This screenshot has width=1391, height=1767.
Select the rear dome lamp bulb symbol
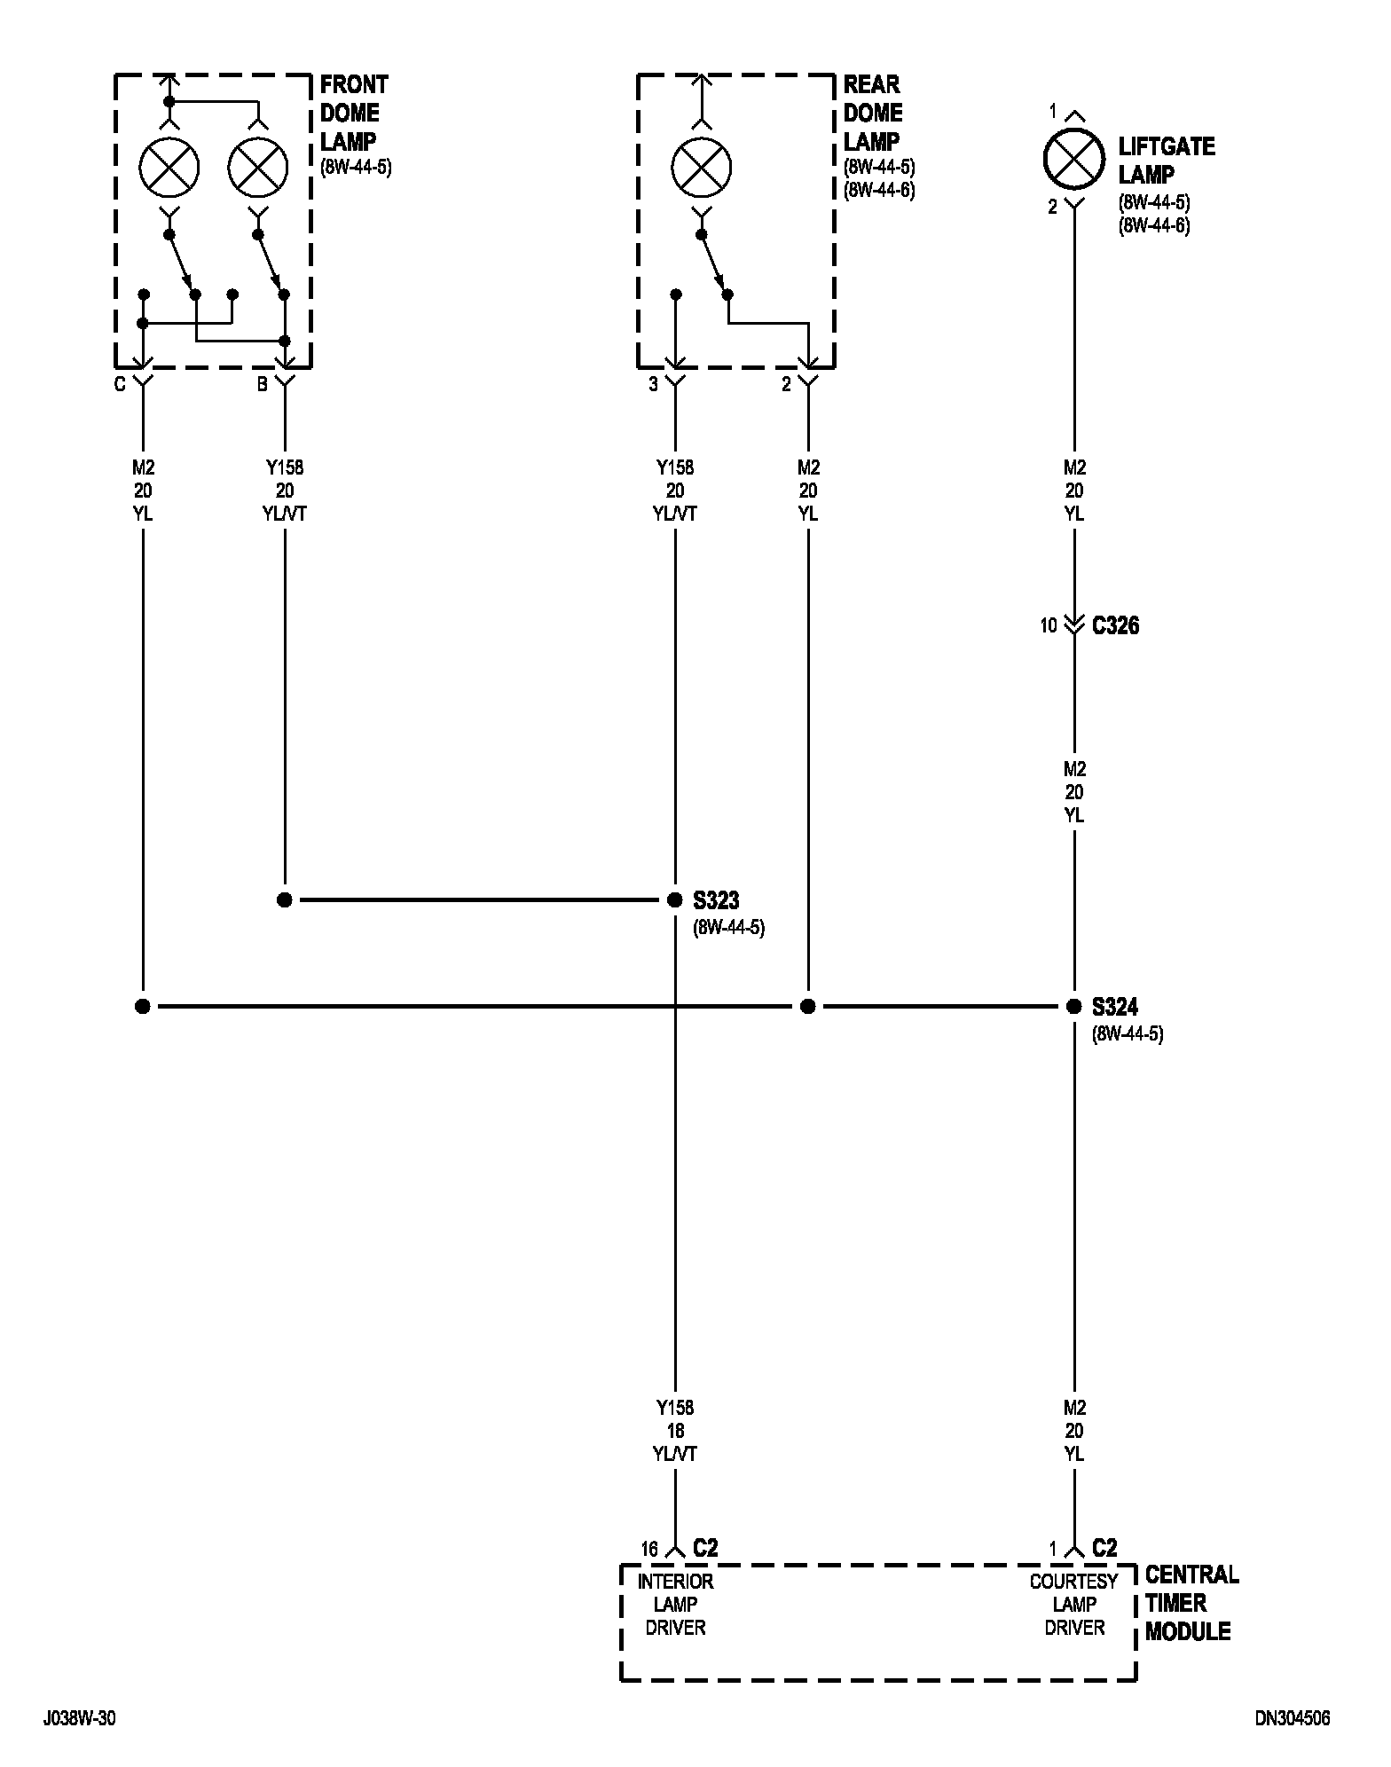coord(702,168)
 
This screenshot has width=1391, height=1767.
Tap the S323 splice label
coord(716,900)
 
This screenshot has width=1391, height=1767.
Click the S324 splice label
coord(1115,1007)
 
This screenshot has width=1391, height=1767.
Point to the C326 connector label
coord(1115,625)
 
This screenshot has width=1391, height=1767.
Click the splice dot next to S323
coord(675,900)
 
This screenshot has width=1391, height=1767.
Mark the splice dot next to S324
coord(1073,1007)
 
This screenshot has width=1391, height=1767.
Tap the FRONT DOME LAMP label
coord(354,113)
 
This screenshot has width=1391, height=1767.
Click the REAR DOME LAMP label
coord(873,113)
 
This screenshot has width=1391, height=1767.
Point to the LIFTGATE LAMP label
coord(1166,160)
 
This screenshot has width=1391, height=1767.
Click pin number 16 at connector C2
coord(650,1549)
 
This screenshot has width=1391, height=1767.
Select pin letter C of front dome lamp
coord(120,386)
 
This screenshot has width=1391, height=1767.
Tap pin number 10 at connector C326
coord(1049,625)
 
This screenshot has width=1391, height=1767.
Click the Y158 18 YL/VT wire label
coord(675,1430)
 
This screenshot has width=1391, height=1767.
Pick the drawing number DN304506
coord(1293,1718)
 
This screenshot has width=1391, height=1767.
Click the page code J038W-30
coord(79,1718)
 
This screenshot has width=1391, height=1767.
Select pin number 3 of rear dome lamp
coord(654,386)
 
